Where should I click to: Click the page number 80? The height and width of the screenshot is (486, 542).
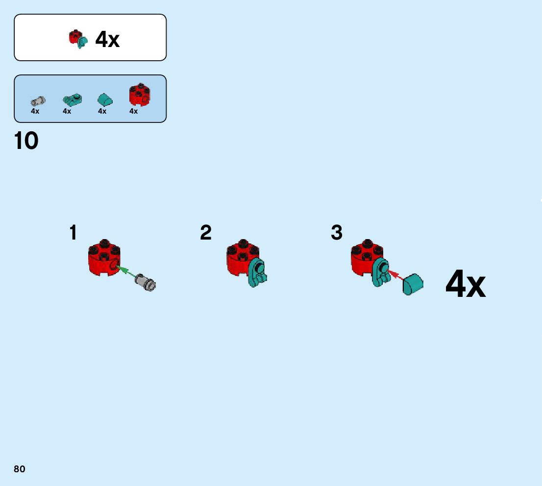[20, 469]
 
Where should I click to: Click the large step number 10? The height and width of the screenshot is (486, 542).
[26, 141]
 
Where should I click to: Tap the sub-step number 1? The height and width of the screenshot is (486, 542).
[73, 233]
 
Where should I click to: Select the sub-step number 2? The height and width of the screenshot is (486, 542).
[206, 233]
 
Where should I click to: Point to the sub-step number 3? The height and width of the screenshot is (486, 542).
[337, 233]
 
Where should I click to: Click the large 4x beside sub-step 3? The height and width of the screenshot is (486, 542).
[465, 285]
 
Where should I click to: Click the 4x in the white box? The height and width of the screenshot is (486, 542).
[107, 39]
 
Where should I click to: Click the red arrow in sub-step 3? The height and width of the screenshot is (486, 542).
[394, 274]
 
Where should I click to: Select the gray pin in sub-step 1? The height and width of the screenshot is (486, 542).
[145, 282]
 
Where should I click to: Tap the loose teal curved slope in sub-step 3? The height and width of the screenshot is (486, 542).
[413, 284]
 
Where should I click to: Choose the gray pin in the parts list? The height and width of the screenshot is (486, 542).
[37, 101]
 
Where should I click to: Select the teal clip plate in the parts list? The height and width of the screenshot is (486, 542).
[72, 100]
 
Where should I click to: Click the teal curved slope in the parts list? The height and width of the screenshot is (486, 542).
[105, 100]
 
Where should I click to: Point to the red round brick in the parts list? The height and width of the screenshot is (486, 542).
[140, 95]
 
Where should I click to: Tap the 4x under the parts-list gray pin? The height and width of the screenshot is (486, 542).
[35, 111]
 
